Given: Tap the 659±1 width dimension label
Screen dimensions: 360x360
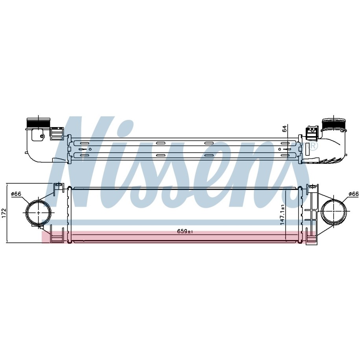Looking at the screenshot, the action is pyautogui.click(x=185, y=232).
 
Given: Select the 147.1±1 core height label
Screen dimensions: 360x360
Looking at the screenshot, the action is pyautogui.click(x=282, y=215).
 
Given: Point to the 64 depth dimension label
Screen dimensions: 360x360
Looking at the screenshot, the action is pyautogui.click(x=284, y=128).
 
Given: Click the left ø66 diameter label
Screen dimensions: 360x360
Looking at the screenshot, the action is pyautogui.click(x=16, y=194).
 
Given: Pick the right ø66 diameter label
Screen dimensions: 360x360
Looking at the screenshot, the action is pyautogui.click(x=353, y=194).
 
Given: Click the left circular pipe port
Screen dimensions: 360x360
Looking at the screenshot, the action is pyautogui.click(x=38, y=213).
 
